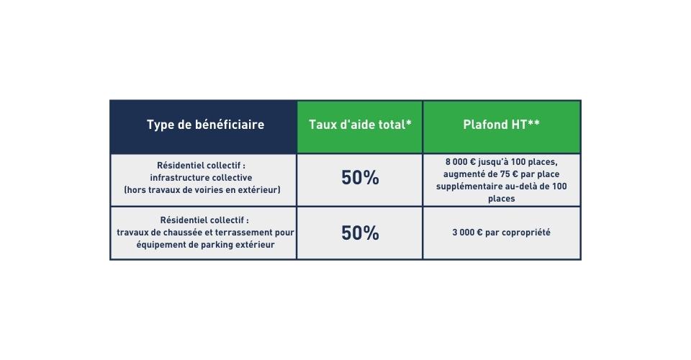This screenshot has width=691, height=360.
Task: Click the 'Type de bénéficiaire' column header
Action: pos(205,125)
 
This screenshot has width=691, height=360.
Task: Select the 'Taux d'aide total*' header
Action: pos(360,125)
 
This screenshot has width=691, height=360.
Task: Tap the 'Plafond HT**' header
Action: pos(502,125)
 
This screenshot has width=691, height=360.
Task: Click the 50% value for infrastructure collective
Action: pos(360,178)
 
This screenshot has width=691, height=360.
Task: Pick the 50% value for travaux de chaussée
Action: pos(360,233)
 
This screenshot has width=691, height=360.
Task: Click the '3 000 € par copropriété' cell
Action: pos(502,233)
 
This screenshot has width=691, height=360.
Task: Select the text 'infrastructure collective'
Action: pos(201,178)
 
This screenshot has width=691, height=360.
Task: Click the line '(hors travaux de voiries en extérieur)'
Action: pos(202,190)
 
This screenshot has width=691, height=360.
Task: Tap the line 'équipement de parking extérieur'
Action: pos(205,245)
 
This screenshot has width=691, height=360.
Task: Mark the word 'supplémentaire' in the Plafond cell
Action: pos(469,186)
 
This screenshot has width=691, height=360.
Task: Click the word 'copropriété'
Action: pos(525,233)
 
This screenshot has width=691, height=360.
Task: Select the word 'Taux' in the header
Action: pos(320,125)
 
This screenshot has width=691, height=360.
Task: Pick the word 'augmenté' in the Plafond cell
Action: pos(463,174)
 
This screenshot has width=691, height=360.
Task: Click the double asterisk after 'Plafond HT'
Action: pos(534,122)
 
